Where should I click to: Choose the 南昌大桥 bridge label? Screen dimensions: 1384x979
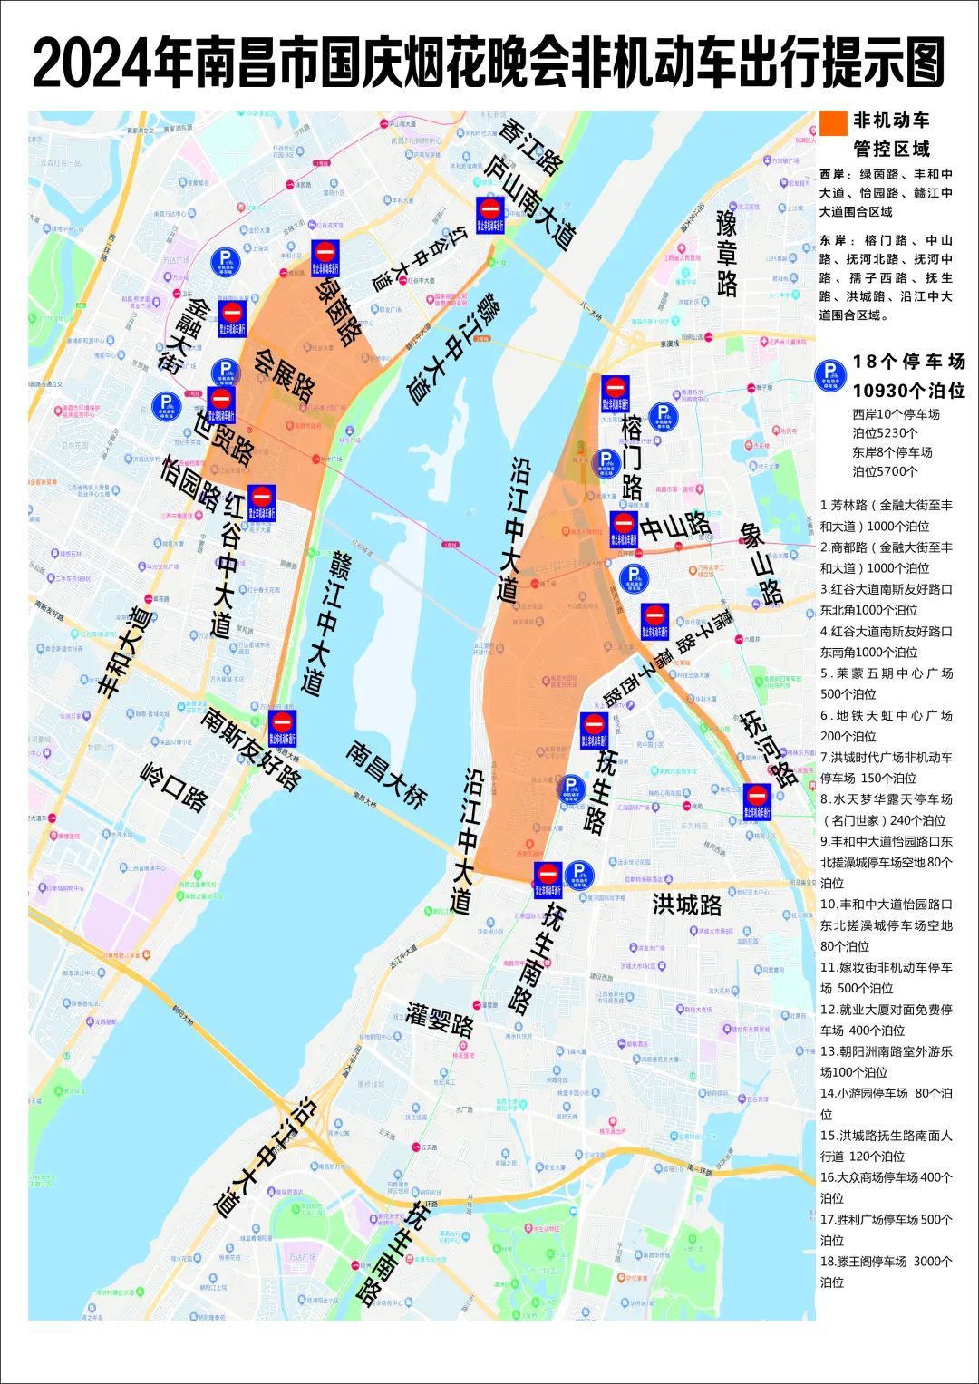pos(386,775)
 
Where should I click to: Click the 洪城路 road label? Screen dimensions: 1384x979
pos(687,904)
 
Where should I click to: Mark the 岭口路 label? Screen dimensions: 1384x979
pos(175,784)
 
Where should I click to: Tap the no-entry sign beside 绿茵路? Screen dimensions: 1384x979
pos(325,256)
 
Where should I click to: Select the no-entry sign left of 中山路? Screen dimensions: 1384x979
pos(623,527)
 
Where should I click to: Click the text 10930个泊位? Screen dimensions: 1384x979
pos(908,391)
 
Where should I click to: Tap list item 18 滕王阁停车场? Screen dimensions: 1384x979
pos(886,1271)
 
